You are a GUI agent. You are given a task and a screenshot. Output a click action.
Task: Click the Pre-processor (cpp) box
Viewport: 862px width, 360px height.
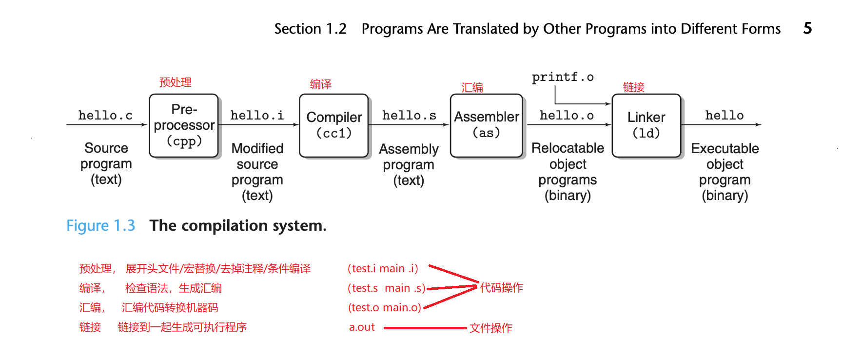pos(184,125)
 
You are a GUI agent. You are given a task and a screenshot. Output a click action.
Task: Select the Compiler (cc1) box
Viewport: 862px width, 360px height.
pos(334,125)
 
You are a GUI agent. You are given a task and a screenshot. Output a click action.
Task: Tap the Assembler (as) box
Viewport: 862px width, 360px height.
pos(486,125)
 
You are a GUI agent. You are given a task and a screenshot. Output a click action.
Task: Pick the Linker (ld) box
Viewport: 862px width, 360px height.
pos(646,125)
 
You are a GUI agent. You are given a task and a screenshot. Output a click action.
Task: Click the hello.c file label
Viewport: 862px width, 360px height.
pos(105,116)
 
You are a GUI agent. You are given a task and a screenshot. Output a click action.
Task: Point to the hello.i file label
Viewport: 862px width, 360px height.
pos(257,116)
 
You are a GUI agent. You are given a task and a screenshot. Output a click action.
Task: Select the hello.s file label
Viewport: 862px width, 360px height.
pos(409,116)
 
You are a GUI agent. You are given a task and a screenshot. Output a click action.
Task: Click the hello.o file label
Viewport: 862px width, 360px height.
pos(567,116)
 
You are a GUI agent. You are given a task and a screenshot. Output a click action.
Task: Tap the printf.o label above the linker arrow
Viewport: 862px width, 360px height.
pos(563,77)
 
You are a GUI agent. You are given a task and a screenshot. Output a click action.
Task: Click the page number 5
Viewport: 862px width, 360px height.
pos(807,28)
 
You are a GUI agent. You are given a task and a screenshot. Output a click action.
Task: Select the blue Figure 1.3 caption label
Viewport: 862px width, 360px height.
pos(100,225)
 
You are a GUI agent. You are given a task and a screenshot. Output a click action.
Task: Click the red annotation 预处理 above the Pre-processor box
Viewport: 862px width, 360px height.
pos(176,82)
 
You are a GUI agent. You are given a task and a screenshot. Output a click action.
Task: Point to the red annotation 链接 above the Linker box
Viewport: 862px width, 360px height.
pos(633,87)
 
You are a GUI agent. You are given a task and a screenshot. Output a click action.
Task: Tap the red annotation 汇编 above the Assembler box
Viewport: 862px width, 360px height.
pos(472,88)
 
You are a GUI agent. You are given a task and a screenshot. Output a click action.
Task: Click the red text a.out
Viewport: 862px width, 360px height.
pos(362,327)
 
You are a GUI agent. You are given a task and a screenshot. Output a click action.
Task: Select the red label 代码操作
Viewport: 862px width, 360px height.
pos(501,288)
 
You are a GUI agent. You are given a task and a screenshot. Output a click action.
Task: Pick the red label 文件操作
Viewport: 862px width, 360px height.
pos(490,328)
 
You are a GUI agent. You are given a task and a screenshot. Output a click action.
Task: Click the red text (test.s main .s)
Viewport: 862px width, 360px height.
pos(386,288)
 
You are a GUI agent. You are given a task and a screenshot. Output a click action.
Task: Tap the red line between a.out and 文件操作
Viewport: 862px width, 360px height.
pos(425,328)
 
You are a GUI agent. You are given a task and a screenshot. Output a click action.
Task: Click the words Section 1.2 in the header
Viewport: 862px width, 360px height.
pos(310,29)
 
